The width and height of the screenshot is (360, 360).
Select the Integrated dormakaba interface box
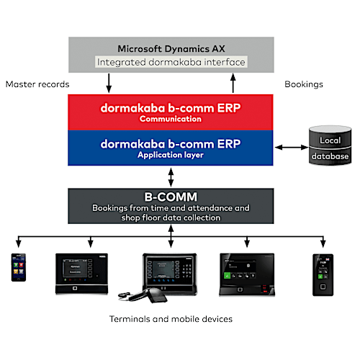click(171, 63)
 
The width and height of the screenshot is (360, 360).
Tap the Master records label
click(37, 84)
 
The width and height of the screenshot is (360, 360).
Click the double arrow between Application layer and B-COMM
click(171, 176)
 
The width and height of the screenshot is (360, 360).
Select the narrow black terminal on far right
click(320, 273)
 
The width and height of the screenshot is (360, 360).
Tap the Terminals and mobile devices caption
click(171, 318)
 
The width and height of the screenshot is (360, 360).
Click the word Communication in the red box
click(171, 119)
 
